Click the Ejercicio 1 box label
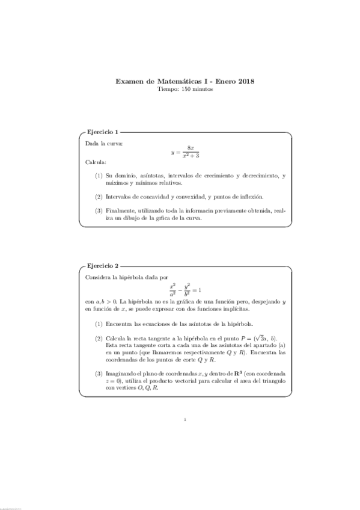103,132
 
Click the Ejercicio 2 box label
103,265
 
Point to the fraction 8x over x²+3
190,152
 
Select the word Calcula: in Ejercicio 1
96,162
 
